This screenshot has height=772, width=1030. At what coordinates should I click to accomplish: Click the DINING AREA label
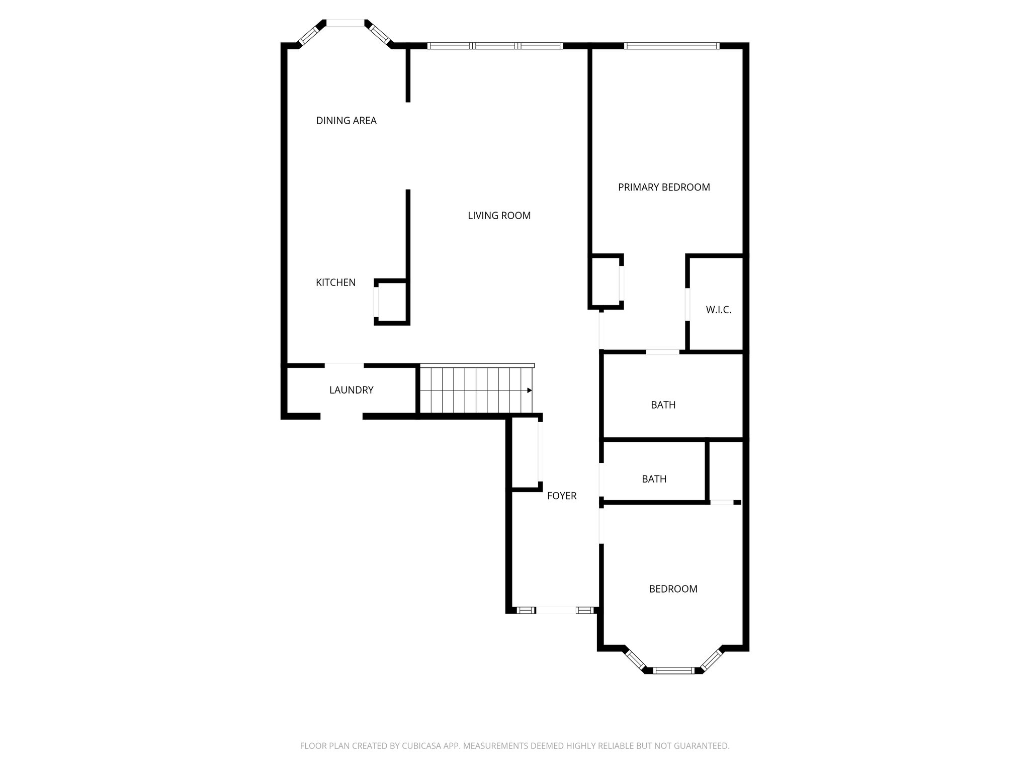click(346, 121)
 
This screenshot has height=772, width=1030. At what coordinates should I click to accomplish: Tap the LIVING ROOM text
click(499, 216)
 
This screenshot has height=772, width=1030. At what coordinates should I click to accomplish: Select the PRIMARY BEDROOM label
click(664, 187)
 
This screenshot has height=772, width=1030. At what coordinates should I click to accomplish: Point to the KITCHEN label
click(335, 282)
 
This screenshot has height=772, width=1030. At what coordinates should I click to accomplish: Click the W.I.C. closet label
click(718, 310)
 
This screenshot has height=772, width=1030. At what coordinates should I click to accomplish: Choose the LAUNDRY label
click(351, 390)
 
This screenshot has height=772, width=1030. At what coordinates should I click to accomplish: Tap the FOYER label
click(562, 496)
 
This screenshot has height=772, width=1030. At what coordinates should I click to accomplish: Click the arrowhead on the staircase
click(529, 390)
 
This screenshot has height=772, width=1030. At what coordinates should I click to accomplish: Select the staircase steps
click(475, 390)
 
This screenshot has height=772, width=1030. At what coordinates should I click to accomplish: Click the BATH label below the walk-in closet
click(663, 405)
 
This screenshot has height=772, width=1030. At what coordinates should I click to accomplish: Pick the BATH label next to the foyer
click(654, 479)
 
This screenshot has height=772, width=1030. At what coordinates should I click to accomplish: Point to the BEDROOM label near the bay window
click(673, 589)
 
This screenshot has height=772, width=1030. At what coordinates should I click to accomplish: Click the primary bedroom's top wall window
click(672, 46)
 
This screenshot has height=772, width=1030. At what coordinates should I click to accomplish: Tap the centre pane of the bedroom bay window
click(673, 670)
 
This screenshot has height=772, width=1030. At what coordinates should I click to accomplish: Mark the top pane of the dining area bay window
click(346, 23)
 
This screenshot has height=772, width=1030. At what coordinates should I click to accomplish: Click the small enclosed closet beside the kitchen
click(392, 302)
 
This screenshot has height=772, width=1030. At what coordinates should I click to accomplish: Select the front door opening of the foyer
click(556, 610)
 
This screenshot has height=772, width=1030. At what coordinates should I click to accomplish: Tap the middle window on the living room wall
click(495, 46)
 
